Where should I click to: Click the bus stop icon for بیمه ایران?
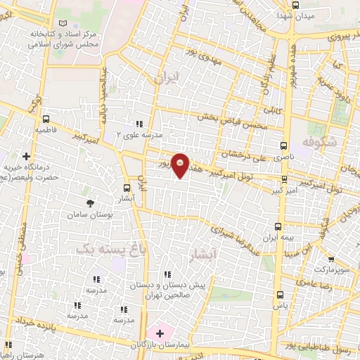278,226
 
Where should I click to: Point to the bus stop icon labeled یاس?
281,295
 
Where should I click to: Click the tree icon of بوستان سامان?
89,202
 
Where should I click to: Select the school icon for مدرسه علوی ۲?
139,124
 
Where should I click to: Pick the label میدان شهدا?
290,15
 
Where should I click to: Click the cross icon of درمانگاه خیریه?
26,156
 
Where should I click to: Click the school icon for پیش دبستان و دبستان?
167,274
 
